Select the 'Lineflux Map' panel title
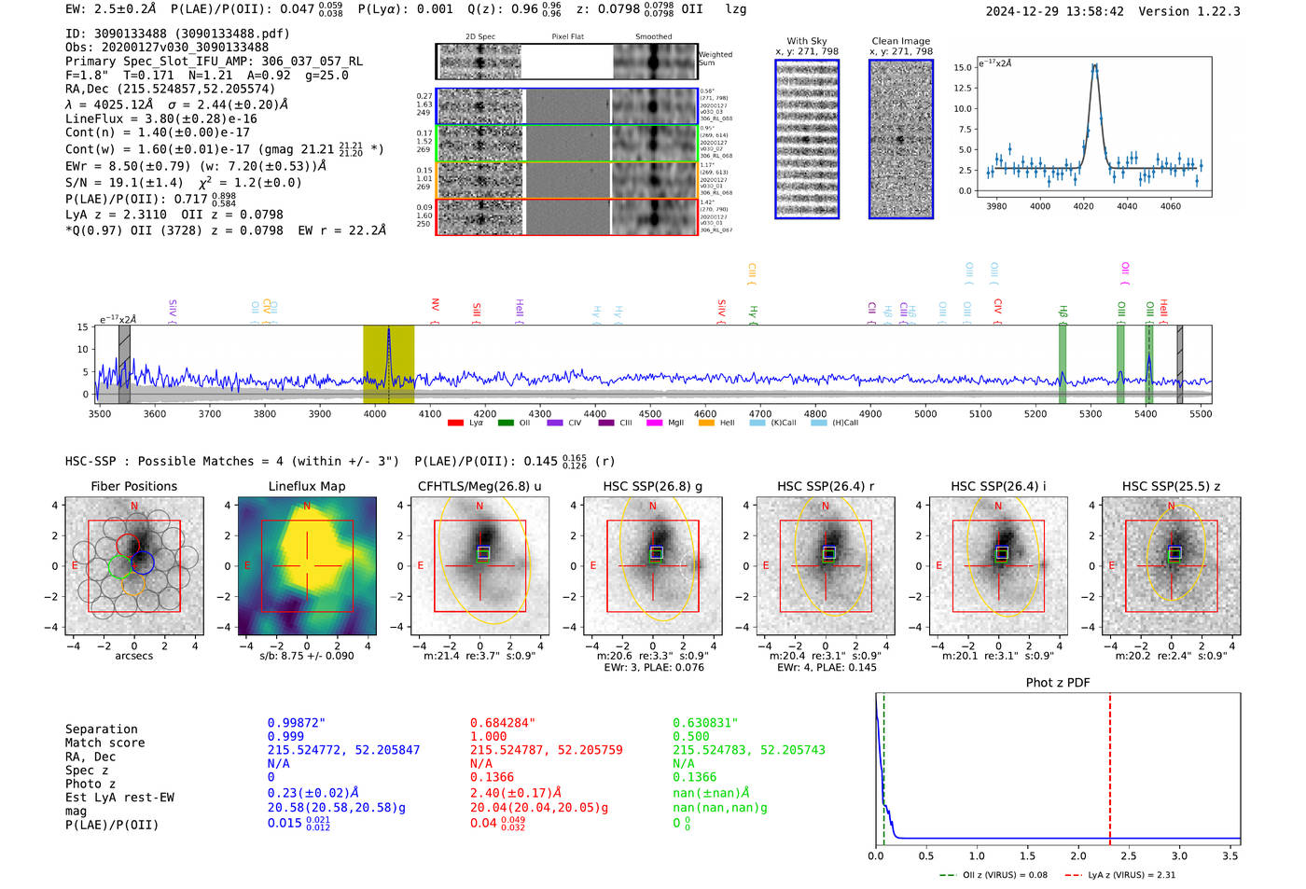(306, 486)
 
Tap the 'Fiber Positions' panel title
(133, 486)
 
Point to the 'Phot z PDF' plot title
(1058, 682)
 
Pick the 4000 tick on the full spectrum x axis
(375, 413)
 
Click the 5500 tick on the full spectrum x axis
(1201, 413)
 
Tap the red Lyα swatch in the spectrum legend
(455, 423)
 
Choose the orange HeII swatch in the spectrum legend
(706, 423)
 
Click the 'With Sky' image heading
(807, 41)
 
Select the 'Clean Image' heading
(900, 41)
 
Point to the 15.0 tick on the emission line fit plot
(963, 67)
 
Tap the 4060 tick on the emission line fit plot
(1170, 206)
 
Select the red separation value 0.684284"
(503, 723)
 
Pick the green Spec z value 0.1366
(694, 777)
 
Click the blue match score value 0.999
(285, 736)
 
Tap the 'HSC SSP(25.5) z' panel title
(1171, 486)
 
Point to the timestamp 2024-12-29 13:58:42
(1054, 11)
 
